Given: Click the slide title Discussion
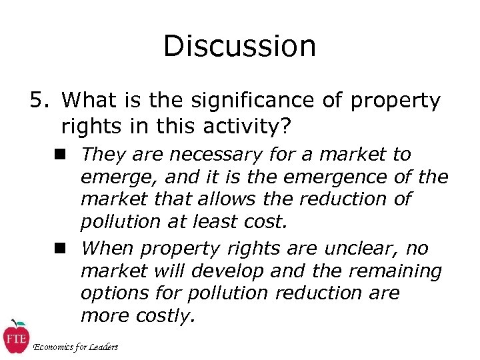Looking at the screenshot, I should (239, 47).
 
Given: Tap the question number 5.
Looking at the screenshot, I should (37, 101).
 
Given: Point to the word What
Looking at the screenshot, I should (92, 101).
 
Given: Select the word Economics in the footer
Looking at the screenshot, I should (55, 347).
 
